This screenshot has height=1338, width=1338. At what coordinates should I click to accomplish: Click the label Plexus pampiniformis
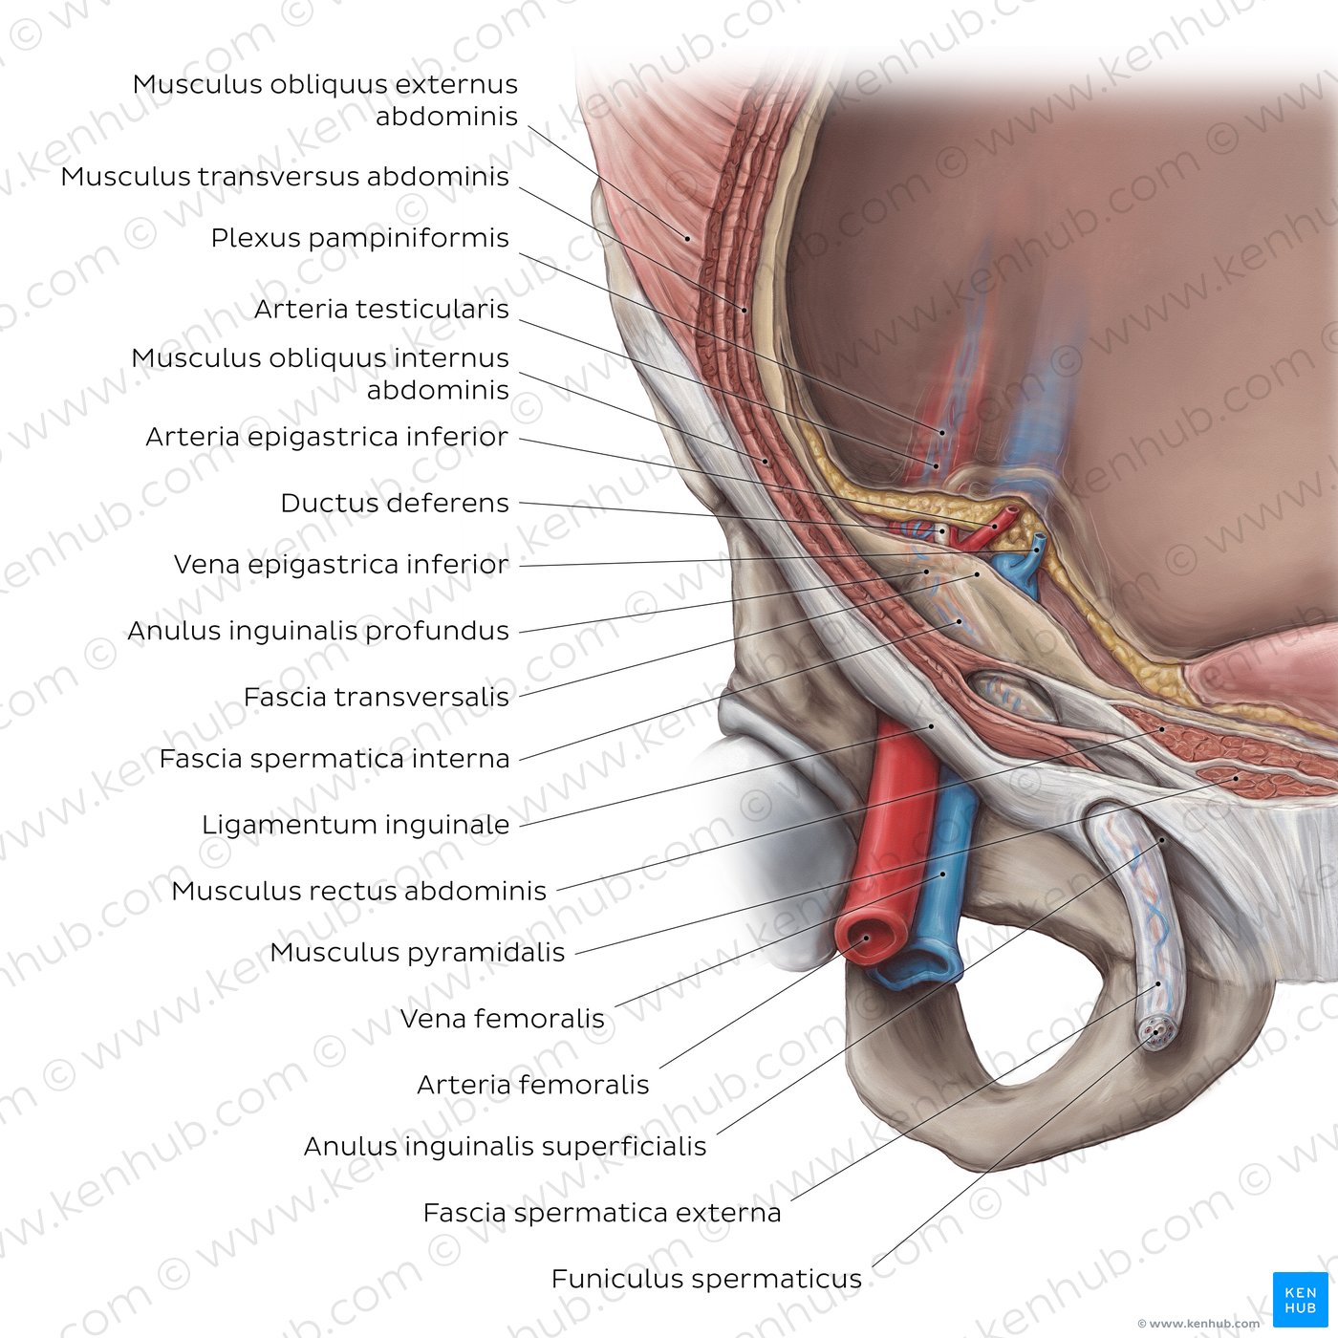[x=359, y=238]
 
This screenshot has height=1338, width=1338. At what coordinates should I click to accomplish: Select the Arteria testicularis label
[x=381, y=310]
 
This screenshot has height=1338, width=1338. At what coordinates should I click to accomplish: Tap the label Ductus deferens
[x=394, y=504]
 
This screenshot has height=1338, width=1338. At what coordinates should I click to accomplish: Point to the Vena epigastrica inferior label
[x=340, y=565]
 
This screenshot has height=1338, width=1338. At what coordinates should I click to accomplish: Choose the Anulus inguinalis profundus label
[x=317, y=632]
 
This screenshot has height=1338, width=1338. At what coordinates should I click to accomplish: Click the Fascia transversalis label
[x=376, y=698]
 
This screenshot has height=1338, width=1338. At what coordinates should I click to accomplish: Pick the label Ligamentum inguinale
[x=355, y=825]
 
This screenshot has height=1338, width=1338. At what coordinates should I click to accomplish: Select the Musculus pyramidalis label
[x=417, y=953]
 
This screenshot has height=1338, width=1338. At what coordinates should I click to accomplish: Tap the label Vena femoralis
[x=502, y=1019]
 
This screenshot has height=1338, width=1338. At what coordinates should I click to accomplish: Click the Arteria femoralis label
[x=532, y=1085]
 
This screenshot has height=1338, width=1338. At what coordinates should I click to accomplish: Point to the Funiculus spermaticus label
[x=706, y=1279]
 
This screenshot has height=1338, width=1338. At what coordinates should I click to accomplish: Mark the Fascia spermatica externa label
[x=601, y=1214]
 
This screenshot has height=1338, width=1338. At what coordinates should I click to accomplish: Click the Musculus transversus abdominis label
[x=285, y=177]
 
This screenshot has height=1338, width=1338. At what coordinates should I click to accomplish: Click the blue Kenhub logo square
[x=1300, y=1300]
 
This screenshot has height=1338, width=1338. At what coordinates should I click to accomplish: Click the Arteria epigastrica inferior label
[x=326, y=438]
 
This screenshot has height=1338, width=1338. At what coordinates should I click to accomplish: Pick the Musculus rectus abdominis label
[x=358, y=892]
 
